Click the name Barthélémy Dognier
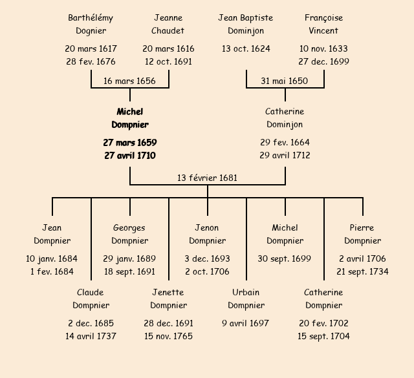(x=91, y=24)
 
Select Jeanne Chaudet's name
(x=168, y=24)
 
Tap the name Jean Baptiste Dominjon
(x=246, y=24)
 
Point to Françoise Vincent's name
(x=323, y=24)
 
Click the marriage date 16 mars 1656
(x=129, y=81)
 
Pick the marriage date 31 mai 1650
(x=285, y=81)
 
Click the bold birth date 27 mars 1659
(x=129, y=142)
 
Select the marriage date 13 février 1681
(x=207, y=178)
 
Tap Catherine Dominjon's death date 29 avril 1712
(x=285, y=155)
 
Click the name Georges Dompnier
(x=129, y=234)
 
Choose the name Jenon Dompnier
(x=207, y=234)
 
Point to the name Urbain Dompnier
(x=246, y=299)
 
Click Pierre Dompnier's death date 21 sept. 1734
(x=362, y=271)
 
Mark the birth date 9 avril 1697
(x=246, y=323)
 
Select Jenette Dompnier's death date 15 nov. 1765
(x=168, y=336)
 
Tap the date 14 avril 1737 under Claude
(x=91, y=336)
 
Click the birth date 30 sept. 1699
(x=285, y=258)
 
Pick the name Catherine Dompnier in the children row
(x=323, y=299)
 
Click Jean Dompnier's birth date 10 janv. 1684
(x=52, y=258)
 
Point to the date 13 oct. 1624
(x=246, y=48)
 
